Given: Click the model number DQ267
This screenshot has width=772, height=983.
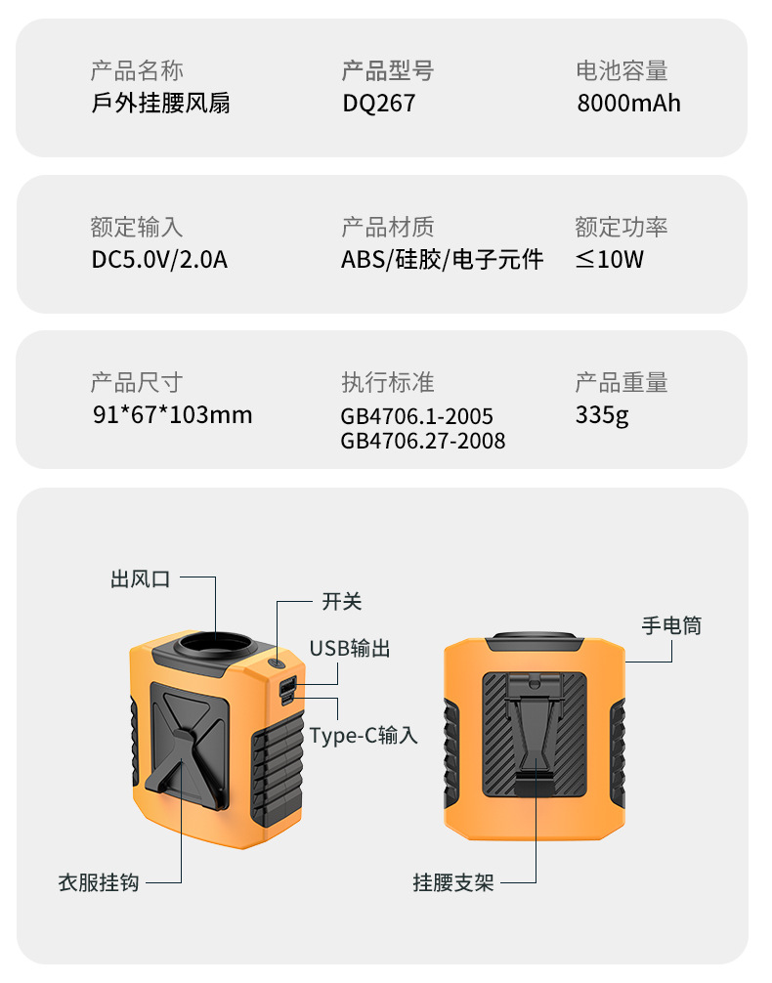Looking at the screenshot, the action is click(x=378, y=103).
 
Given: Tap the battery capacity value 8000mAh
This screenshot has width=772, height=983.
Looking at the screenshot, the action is click(x=628, y=103).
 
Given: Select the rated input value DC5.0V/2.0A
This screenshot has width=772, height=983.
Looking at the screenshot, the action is click(x=159, y=259).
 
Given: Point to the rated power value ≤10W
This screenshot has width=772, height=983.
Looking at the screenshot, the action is click(x=610, y=259).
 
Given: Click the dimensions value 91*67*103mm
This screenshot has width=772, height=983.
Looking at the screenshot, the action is click(x=172, y=414).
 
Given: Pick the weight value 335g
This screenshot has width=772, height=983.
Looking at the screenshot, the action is click(x=602, y=414).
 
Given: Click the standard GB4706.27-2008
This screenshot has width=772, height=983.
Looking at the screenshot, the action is click(x=423, y=441).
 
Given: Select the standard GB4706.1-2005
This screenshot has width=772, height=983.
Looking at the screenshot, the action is click(x=416, y=417).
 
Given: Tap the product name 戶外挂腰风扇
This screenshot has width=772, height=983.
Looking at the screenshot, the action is click(x=161, y=103).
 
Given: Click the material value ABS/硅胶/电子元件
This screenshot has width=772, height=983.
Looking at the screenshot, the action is click(x=442, y=259).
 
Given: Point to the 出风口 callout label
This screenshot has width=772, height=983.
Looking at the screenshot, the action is click(x=140, y=578).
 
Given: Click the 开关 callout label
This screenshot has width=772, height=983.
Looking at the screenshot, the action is click(x=342, y=601).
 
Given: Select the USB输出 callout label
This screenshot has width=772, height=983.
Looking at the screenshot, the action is click(x=350, y=648).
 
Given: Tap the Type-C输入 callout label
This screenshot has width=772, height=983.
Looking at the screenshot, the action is click(x=364, y=735).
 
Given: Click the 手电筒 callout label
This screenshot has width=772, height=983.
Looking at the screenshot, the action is click(x=671, y=624).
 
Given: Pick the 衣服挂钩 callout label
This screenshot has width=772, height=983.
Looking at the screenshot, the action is click(x=98, y=882).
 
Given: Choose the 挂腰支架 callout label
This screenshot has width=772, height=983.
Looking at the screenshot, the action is click(x=453, y=882).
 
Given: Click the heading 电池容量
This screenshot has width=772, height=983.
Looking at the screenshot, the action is click(x=622, y=70).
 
